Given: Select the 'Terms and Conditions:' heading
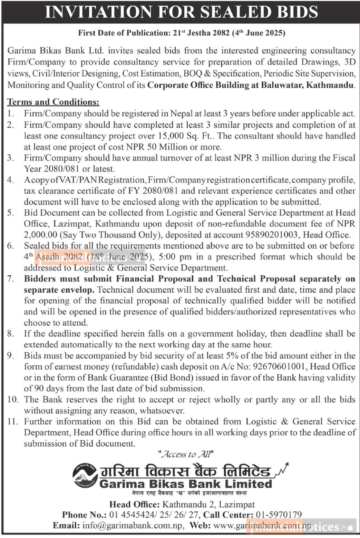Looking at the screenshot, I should click(x=53, y=102).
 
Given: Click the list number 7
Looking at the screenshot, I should click(x=11, y=279).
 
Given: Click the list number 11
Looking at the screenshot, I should click(x=12, y=422).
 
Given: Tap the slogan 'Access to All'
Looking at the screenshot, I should click(x=186, y=454).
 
